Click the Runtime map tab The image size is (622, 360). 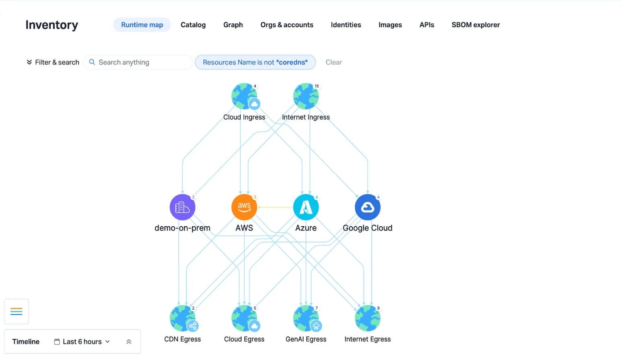coord(142,25)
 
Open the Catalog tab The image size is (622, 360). coord(193,25)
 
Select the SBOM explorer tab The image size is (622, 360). coord(475,25)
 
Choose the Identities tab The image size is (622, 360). coord(346,25)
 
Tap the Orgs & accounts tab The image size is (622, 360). coord(287,25)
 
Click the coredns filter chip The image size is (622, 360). coord(255,62)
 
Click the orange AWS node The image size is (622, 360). coord(244,207)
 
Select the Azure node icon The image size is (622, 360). coord(306,207)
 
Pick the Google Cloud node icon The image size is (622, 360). coord(368,207)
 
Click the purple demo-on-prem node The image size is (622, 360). coord(182,207)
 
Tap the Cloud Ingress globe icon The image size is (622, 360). coord(244,96)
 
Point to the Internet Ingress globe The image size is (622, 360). coord(306,96)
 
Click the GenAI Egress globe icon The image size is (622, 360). coord(306,318)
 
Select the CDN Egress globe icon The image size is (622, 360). coord(182,318)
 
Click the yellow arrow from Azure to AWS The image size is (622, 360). coord(275,207)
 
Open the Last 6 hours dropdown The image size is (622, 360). coord(82,341)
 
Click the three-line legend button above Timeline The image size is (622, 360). coord(17,311)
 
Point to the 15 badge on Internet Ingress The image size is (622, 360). coord(316,86)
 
